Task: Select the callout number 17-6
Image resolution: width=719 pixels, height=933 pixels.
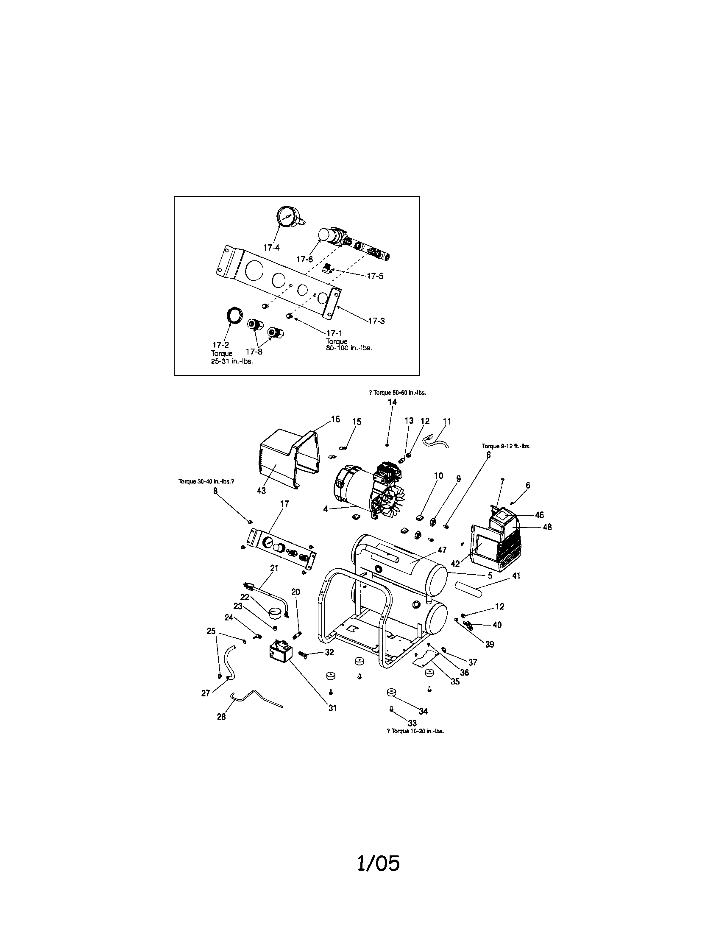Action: [x=305, y=259]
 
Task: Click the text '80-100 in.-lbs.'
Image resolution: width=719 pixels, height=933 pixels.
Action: [x=349, y=348]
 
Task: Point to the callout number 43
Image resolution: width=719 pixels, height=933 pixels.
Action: [x=261, y=490]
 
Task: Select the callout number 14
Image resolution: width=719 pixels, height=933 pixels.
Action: [x=392, y=402]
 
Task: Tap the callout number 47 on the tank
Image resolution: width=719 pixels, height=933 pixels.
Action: [x=442, y=550]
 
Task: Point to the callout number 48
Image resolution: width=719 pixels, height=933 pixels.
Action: [x=547, y=527]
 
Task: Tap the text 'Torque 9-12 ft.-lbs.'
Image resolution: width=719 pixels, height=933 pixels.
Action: [x=506, y=446]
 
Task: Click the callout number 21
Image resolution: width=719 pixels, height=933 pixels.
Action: [x=274, y=568]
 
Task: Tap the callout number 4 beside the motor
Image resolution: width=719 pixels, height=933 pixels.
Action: [x=325, y=509]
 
